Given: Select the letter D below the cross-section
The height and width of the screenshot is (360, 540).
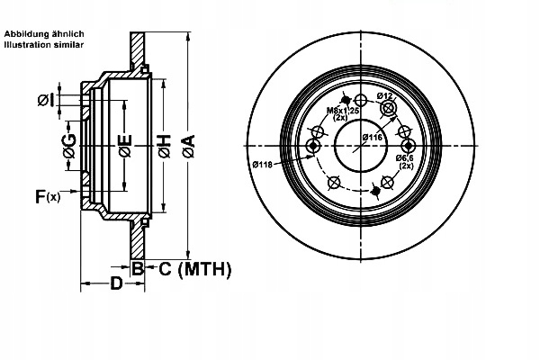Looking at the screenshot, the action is (115, 285).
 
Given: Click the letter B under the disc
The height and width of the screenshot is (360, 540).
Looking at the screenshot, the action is (138, 268).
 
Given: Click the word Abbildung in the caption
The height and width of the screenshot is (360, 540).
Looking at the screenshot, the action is (24, 33).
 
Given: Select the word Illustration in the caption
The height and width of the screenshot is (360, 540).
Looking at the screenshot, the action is (26, 44).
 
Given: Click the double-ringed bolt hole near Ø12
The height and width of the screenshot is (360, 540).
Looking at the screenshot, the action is (389, 108).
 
